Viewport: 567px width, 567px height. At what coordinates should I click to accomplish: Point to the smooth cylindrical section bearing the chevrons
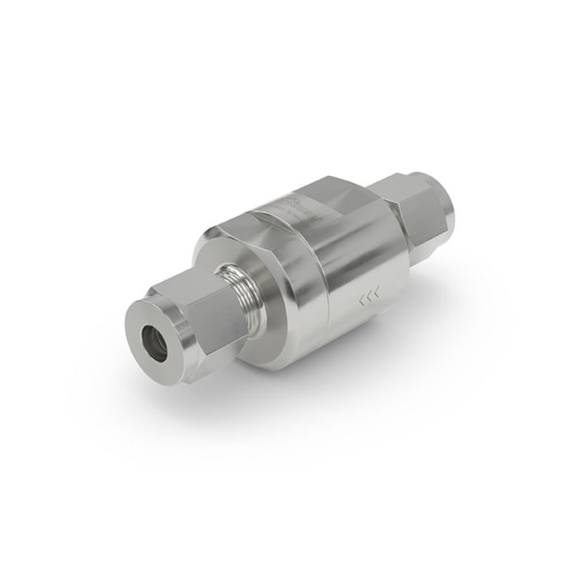pyautogui.click(x=348, y=267)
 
